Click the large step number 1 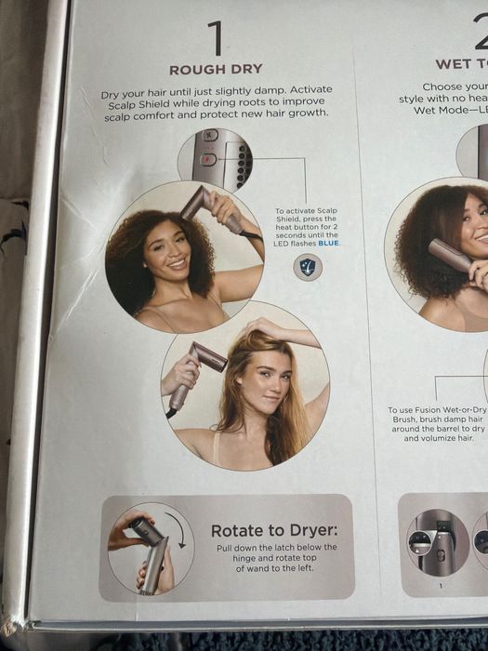(x=216, y=39)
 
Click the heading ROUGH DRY (x=216, y=70)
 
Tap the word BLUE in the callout (x=328, y=243)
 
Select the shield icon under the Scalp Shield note (x=308, y=267)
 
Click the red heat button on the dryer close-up (x=208, y=159)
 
